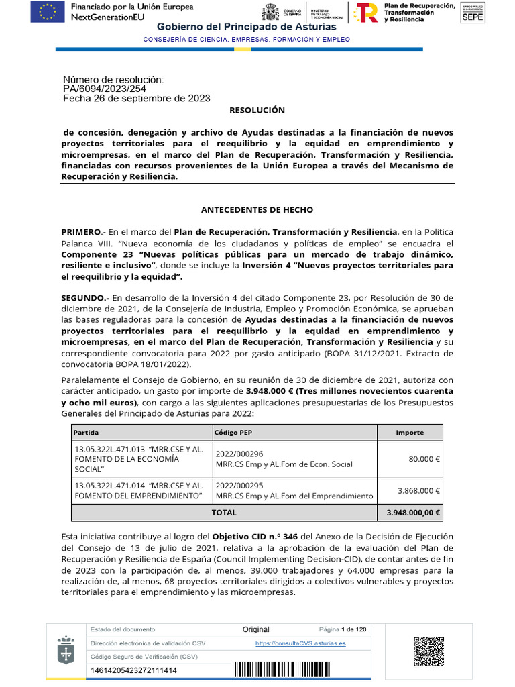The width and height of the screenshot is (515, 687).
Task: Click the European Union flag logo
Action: click(48, 11)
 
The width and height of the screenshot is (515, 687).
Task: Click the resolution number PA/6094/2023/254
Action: click(105, 89)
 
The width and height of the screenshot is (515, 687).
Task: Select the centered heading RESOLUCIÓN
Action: click(257, 110)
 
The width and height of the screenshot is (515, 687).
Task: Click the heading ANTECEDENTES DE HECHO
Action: click(257, 210)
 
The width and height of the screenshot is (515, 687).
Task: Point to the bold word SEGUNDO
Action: click(84, 297)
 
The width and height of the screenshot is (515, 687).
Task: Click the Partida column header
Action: click(86, 433)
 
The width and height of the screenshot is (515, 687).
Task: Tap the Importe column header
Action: click(410, 433)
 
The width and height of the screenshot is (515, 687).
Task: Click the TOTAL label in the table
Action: click(224, 513)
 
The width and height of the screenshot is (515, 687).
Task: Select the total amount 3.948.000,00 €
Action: click(413, 513)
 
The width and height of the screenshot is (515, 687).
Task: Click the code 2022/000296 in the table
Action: click(239, 454)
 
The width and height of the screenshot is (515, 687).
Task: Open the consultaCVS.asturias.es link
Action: click(300, 643)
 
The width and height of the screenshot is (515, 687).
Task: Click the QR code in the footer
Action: click(429, 651)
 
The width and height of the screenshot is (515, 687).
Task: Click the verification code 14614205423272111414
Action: click(133, 670)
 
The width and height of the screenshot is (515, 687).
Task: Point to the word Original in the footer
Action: click(255, 629)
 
